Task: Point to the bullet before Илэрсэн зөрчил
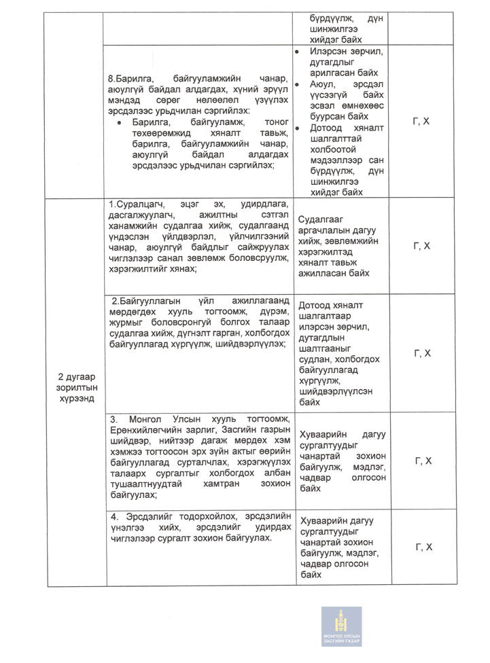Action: coord(297,51)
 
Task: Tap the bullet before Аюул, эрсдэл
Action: coord(297,84)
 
